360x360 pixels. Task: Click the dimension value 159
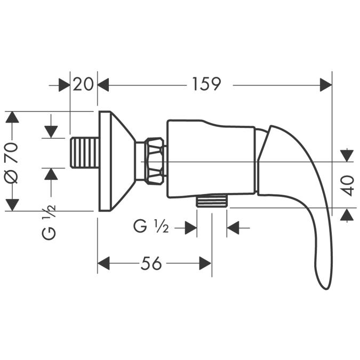pyautogui.click(x=206, y=84)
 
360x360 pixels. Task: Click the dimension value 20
pyautogui.click(x=83, y=84)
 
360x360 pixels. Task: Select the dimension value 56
pyautogui.click(x=151, y=263)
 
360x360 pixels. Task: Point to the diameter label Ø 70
pyautogui.click(x=11, y=163)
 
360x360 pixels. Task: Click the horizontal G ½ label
pyautogui.click(x=151, y=227)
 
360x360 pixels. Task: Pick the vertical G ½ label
pyautogui.click(x=49, y=222)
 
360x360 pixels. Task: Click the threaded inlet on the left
pyautogui.click(x=84, y=153)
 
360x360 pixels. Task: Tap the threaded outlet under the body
pyautogui.click(x=212, y=201)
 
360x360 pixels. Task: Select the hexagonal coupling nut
pyautogui.click(x=156, y=161)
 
